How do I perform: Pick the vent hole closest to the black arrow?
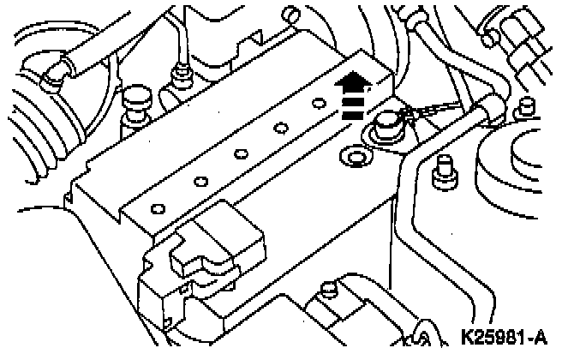[x=318, y=105]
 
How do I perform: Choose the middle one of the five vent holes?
[x=242, y=154]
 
